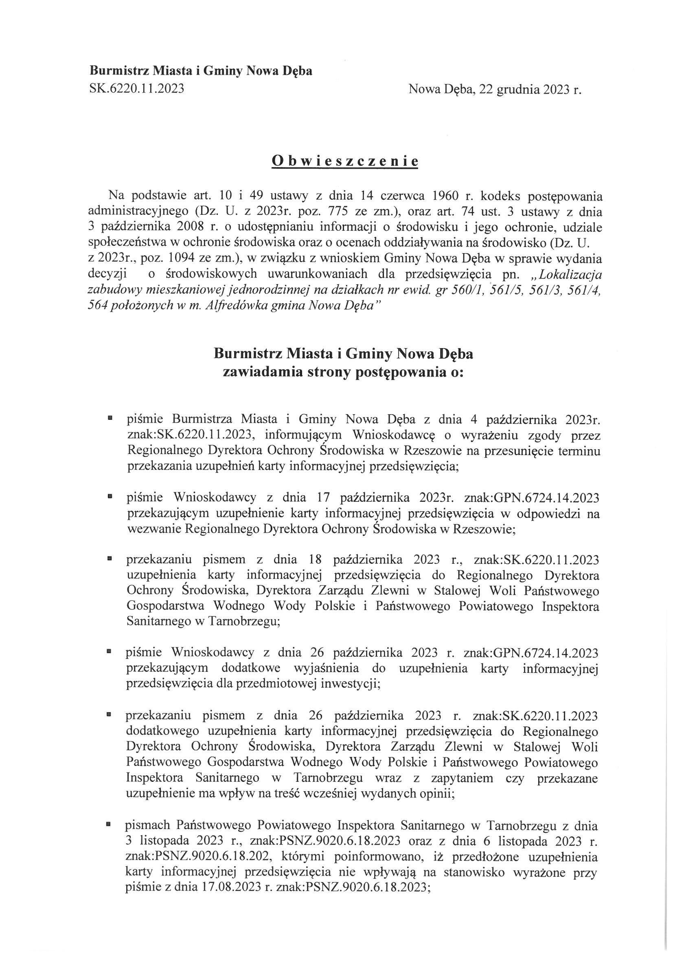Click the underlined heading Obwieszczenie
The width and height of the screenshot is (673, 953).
[344, 161]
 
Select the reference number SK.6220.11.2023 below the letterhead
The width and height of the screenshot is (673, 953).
[137, 89]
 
